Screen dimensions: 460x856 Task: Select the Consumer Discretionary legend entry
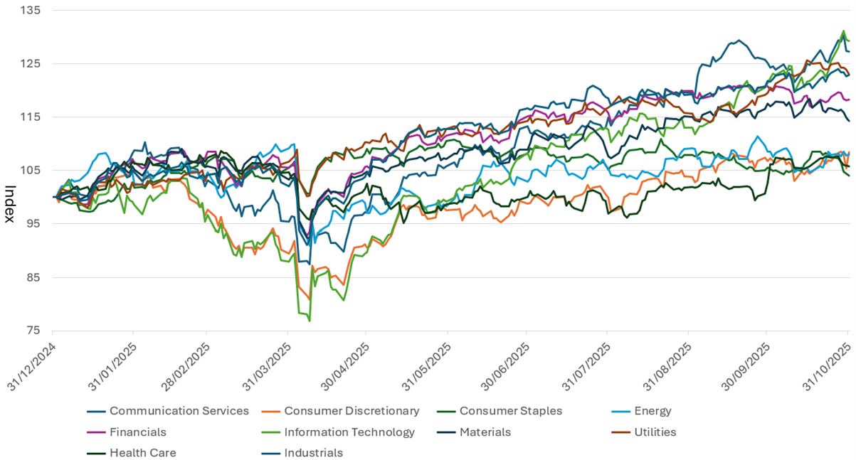click(x=352, y=411)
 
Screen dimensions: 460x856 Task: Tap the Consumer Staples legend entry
click(x=511, y=411)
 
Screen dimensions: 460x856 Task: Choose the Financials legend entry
click(x=138, y=432)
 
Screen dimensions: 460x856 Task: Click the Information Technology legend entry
click(x=349, y=432)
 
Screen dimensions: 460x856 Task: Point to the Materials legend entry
click(x=485, y=432)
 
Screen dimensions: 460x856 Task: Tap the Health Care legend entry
click(x=142, y=453)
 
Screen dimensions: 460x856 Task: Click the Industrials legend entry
click(x=313, y=453)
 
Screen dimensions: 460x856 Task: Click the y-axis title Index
click(x=10, y=203)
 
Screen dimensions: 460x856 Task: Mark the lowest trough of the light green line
click(x=310, y=321)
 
